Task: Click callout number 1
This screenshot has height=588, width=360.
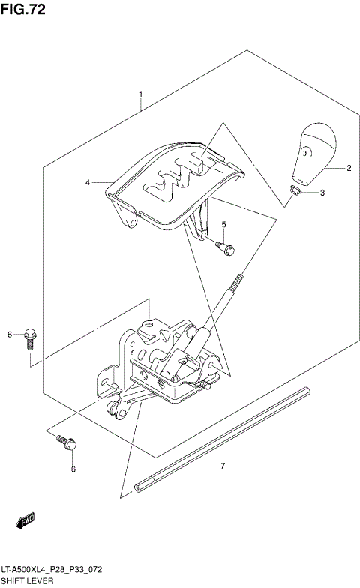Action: (140, 95)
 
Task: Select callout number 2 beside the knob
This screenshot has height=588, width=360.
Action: (349, 169)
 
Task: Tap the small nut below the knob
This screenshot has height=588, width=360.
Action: (295, 193)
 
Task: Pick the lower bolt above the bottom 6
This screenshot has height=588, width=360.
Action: (64, 443)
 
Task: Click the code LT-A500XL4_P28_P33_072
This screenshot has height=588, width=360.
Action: (51, 570)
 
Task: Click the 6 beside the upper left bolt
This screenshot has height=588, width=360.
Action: (10, 334)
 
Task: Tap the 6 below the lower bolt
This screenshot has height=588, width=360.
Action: (73, 470)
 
